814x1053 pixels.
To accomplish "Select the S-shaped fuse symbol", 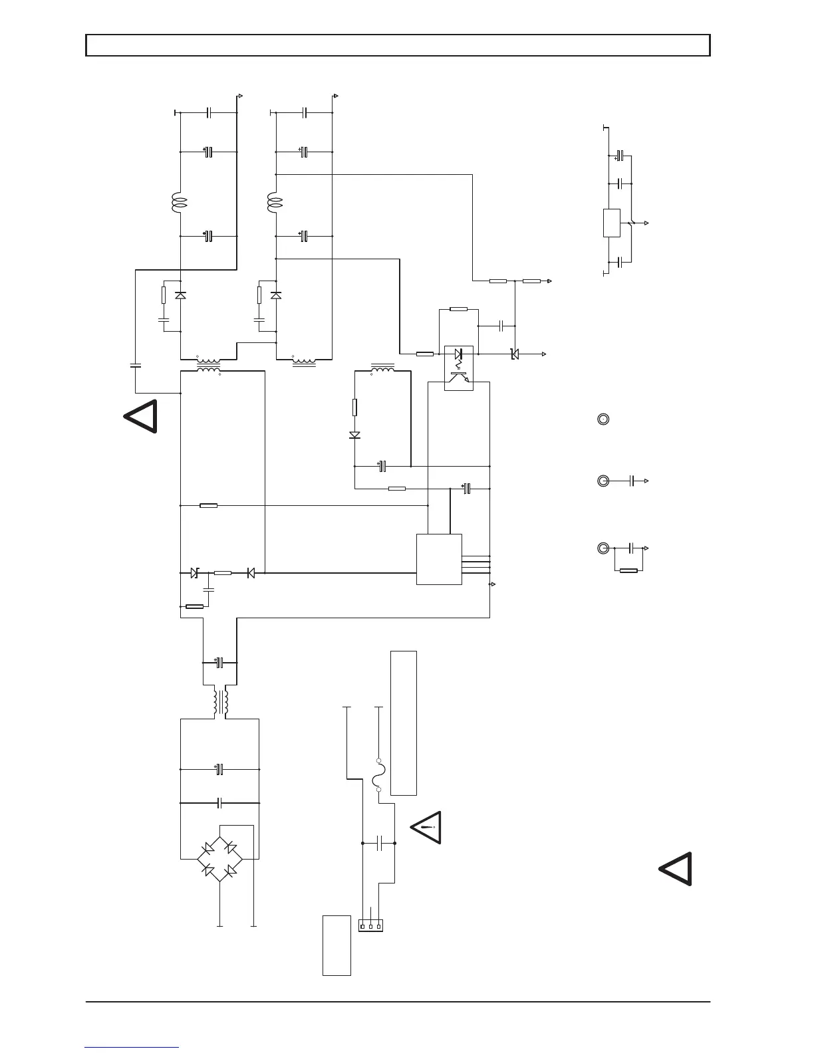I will tap(378, 775).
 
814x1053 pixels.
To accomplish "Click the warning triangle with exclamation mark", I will tap(426, 828).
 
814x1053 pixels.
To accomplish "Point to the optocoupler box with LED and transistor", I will tap(458, 368).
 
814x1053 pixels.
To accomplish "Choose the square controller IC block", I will tap(439, 559).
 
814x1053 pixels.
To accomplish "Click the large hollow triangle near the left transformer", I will tap(141, 417).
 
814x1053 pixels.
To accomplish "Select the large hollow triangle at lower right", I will tap(676, 869).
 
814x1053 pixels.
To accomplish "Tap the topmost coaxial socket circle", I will tap(603, 419).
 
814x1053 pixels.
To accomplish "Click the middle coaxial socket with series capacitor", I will tap(603, 480).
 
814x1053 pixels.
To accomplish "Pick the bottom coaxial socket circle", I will tap(603, 548).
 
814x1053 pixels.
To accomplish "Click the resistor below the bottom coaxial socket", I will tap(628, 570).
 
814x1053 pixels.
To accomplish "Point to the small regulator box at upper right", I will tap(611, 223).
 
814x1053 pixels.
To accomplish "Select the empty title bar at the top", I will tap(398, 45).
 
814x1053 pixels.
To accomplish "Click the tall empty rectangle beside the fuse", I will tap(404, 723).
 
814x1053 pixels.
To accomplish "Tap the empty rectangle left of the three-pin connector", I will tap(337, 945).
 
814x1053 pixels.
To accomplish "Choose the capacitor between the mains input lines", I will tap(379, 843).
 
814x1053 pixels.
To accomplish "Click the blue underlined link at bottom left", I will tap(132, 1047).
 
